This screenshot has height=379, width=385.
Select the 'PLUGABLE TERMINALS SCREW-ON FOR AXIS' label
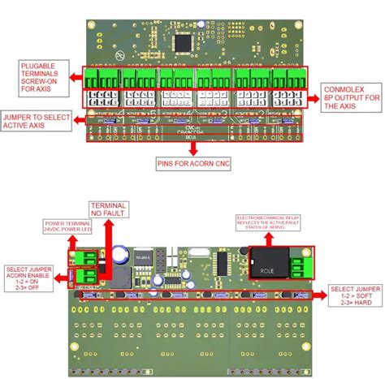pos(38,78)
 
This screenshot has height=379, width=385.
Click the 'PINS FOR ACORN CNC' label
pos(192,163)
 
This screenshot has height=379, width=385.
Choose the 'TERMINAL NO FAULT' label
pos(108,210)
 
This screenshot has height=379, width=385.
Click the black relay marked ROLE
pos(269,262)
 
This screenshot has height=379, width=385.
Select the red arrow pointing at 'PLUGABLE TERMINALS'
pos(73,78)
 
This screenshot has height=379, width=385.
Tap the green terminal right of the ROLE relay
pos(301,267)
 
